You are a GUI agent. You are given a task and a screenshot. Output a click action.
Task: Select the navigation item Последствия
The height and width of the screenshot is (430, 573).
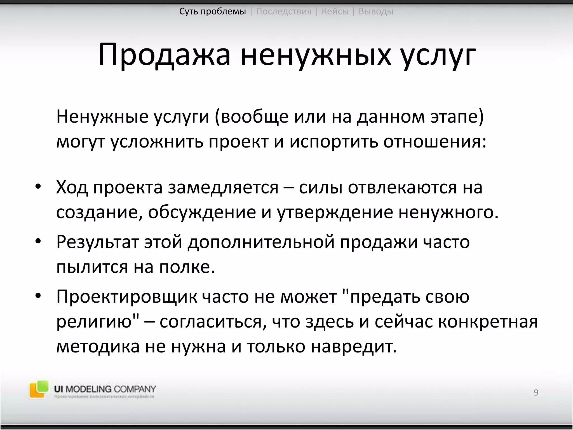coord(284,11)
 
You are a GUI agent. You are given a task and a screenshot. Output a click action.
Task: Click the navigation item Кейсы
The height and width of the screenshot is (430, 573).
coord(335,11)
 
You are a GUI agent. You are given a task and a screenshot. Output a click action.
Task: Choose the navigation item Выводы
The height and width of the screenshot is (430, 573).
coord(376,11)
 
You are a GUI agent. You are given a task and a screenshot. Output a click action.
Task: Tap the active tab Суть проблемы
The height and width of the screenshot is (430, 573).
coord(213,11)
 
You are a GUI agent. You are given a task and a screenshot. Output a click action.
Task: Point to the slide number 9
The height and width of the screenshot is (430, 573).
coord(536,392)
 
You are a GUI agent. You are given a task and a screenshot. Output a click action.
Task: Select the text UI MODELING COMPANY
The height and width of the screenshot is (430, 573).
coord(105,389)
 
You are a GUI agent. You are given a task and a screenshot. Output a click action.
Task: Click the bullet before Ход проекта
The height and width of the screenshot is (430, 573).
coord(38,187)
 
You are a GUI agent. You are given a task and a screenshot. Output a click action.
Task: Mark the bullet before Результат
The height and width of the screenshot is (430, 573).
coord(38,241)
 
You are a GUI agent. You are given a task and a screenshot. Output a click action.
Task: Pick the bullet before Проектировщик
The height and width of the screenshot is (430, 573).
coord(38,296)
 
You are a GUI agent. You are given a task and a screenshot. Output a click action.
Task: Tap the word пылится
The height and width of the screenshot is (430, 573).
coord(92,267)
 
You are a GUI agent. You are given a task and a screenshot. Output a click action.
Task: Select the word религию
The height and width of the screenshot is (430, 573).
coord(94,322)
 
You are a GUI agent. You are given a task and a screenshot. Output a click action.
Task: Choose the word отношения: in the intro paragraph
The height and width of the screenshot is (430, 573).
coord(435,142)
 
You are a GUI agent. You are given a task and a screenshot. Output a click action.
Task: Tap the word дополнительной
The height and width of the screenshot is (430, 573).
coord(261,241)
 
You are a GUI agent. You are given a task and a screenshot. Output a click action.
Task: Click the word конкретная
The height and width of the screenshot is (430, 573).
coord(488,322)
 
